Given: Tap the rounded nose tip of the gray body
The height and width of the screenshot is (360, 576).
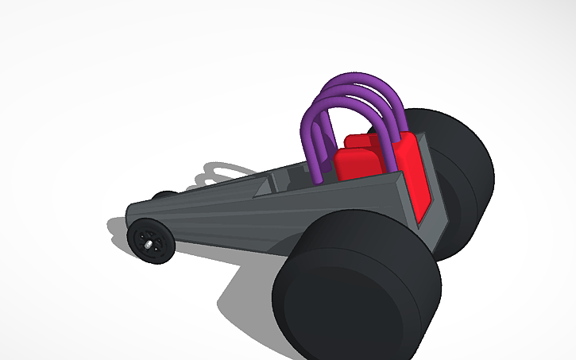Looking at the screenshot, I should point(131,213).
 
